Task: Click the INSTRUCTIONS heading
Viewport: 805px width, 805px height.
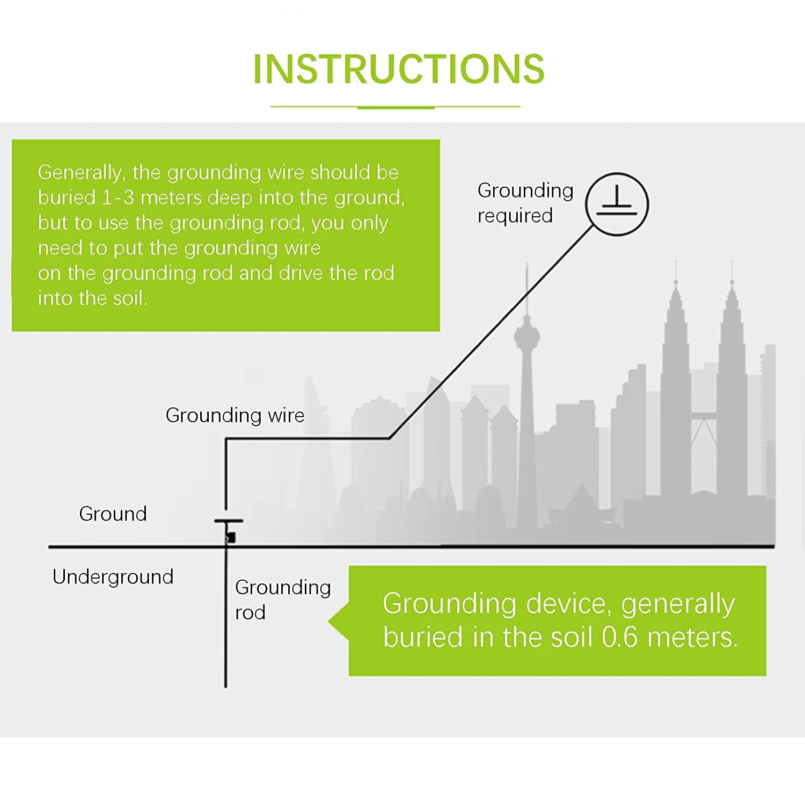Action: [398, 69]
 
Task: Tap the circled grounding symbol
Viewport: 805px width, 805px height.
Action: [617, 204]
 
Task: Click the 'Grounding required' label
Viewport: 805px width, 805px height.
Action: [525, 203]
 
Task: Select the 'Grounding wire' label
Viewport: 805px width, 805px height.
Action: [235, 415]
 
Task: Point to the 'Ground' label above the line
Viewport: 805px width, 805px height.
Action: [113, 514]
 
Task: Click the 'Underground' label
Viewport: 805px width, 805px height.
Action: [113, 577]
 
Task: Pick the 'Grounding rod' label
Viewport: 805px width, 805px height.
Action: [282, 599]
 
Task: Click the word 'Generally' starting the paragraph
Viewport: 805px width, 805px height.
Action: [81, 173]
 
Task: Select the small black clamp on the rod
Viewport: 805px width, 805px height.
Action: [231, 537]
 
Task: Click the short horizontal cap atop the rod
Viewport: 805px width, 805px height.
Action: [229, 521]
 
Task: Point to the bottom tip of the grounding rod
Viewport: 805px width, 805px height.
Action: [225, 685]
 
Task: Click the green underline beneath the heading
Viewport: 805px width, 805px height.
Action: [396, 107]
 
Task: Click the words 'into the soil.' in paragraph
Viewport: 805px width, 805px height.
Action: [92, 298]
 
